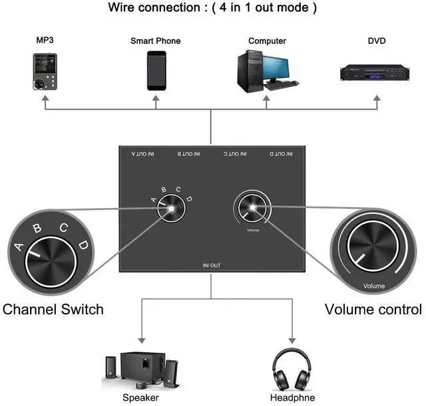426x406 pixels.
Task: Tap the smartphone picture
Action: (x=156, y=70)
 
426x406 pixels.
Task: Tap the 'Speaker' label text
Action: (x=140, y=397)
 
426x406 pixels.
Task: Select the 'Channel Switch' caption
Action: (x=53, y=309)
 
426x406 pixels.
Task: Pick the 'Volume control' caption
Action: (x=373, y=309)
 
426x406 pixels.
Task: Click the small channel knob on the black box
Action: (x=171, y=209)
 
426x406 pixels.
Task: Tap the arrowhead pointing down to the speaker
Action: (x=142, y=339)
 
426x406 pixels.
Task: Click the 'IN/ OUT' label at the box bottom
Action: (x=212, y=266)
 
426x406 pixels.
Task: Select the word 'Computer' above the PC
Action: (x=267, y=41)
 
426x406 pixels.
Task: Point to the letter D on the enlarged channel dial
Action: (x=83, y=246)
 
